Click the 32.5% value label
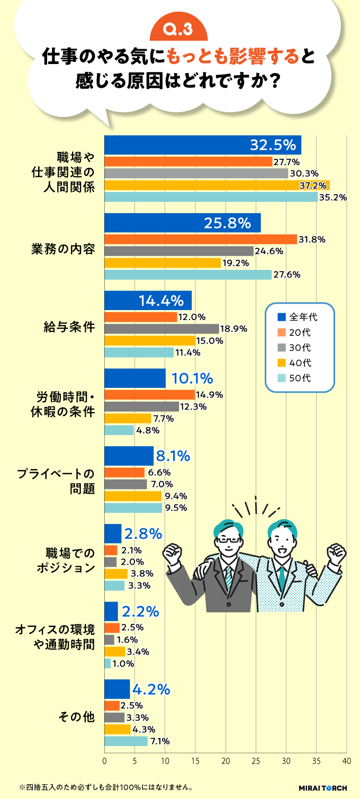tap(272, 144)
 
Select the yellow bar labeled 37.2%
tap(217, 185)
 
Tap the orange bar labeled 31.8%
tap(201, 239)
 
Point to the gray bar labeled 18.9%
tap(161, 329)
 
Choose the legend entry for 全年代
tap(299, 317)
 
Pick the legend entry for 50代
tap(299, 378)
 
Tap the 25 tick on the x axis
tap(256, 760)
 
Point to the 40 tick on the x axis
tap(346, 760)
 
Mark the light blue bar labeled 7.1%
tap(126, 741)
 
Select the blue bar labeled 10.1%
tap(135, 378)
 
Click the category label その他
tap(77, 718)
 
